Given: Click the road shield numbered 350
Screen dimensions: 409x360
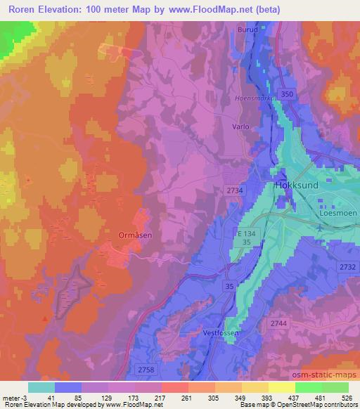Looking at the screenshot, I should (284, 93).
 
